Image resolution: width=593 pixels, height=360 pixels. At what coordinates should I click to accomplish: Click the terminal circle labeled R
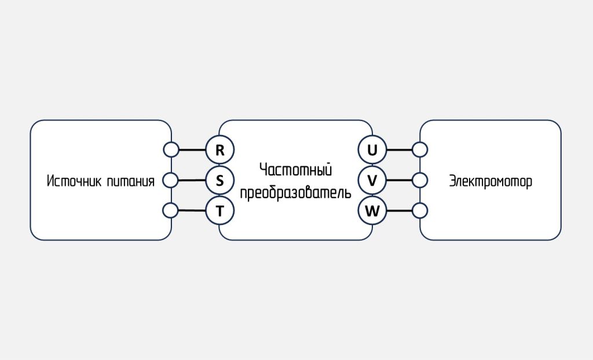click(x=220, y=150)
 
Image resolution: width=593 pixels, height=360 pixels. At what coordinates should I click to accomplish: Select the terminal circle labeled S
click(x=220, y=181)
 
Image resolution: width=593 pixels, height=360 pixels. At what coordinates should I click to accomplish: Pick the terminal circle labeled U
click(x=372, y=150)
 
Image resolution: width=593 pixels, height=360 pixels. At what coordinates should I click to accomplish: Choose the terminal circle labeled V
click(x=372, y=181)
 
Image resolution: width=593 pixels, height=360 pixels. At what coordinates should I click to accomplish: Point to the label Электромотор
click(x=490, y=181)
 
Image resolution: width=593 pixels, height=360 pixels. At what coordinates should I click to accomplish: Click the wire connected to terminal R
click(x=192, y=150)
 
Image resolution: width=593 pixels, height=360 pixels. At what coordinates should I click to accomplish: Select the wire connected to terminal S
click(x=192, y=180)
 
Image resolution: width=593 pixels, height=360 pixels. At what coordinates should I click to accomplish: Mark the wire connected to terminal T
click(x=192, y=211)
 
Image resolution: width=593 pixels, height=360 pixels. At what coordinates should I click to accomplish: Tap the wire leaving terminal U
click(x=400, y=150)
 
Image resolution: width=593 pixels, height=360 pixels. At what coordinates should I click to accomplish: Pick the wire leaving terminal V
click(x=400, y=180)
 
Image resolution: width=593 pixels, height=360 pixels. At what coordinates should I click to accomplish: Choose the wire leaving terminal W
click(x=400, y=211)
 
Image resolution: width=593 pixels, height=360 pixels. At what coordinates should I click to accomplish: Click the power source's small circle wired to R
click(x=171, y=150)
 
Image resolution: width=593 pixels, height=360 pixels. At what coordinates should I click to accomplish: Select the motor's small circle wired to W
click(x=420, y=211)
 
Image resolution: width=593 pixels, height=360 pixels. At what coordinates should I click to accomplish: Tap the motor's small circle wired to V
click(x=420, y=180)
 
